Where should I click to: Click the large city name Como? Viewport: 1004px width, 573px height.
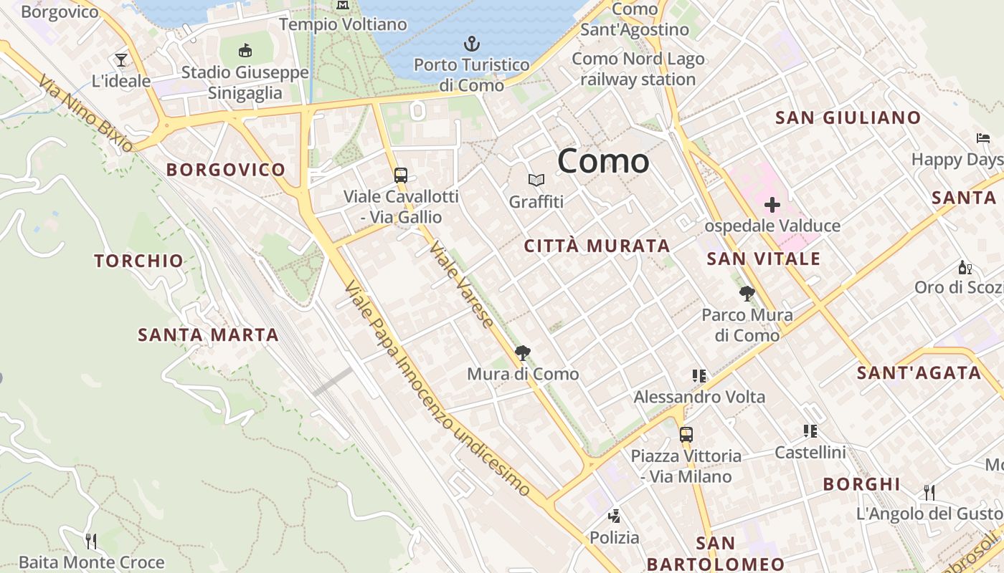[x=603, y=160]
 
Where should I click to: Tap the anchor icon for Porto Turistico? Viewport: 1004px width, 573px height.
[x=471, y=44]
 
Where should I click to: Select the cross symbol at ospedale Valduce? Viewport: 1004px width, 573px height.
[x=772, y=206]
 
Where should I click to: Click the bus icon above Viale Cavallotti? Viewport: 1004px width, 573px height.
[x=401, y=175]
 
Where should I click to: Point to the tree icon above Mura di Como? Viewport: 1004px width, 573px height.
[x=523, y=352]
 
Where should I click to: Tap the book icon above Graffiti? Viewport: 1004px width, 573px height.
[x=536, y=180]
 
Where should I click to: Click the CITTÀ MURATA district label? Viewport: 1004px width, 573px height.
[x=597, y=246]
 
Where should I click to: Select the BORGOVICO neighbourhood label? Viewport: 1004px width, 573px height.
[x=226, y=170]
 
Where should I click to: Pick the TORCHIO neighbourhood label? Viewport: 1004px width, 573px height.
[x=139, y=261]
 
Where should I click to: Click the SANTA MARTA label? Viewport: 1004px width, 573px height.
[x=208, y=334]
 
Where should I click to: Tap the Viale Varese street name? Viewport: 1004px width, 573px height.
[x=462, y=285]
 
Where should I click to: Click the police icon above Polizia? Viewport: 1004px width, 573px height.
[x=614, y=516]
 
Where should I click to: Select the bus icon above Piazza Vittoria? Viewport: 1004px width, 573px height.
[x=686, y=434]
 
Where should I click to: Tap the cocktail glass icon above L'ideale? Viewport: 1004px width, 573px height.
[x=121, y=59]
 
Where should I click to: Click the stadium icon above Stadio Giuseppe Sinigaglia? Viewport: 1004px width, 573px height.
[x=245, y=50]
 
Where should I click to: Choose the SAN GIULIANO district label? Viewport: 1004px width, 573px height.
[x=848, y=118]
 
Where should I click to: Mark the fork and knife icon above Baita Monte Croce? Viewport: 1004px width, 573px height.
[x=91, y=541]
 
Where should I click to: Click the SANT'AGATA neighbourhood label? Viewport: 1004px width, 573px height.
[x=919, y=373]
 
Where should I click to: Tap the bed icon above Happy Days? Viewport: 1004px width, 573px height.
[x=982, y=138]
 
